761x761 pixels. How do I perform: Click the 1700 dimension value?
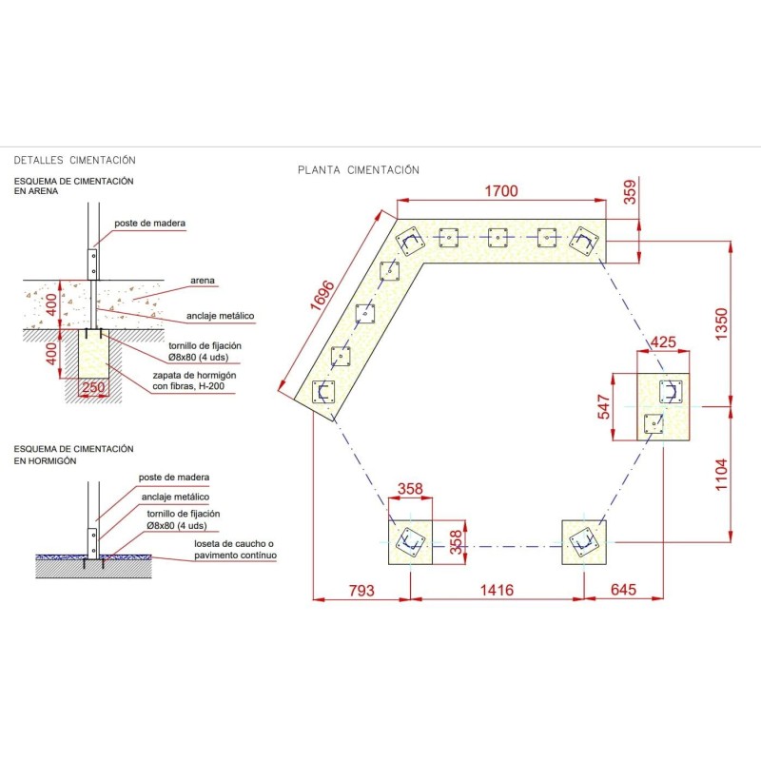[501, 191]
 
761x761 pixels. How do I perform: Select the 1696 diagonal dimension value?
[322, 295]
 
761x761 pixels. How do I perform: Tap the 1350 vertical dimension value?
[721, 324]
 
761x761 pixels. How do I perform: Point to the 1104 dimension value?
[721, 475]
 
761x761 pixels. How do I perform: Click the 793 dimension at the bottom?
[361, 590]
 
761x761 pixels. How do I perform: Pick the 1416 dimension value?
[497, 590]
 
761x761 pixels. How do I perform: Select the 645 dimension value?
[623, 590]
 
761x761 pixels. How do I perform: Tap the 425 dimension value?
[663, 342]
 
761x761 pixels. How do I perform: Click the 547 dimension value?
[603, 407]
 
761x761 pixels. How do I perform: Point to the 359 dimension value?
[630, 192]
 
